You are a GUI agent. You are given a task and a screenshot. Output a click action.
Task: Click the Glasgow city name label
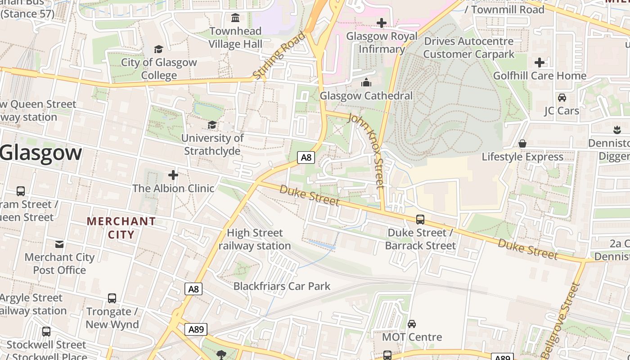coord(41,153)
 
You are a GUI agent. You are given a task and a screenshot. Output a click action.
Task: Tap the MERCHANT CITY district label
coord(121,228)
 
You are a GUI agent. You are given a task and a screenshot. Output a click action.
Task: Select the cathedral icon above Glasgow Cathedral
coord(366,83)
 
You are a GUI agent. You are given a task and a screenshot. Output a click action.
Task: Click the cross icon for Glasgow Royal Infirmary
coord(382,23)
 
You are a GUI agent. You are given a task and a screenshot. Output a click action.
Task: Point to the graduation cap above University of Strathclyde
coord(212,125)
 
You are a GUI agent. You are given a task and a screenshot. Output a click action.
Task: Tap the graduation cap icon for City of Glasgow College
coord(158,49)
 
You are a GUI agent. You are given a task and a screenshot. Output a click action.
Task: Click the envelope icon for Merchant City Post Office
coord(59,244)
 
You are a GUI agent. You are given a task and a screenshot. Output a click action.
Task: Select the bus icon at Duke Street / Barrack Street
coord(420,220)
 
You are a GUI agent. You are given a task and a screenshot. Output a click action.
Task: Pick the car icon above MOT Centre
coord(412,324)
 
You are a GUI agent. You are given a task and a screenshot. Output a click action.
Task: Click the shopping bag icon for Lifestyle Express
coord(522,144)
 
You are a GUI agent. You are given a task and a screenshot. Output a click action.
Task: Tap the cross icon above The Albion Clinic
coord(173,175)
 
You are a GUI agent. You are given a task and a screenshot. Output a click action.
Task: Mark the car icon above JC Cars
coord(562,97)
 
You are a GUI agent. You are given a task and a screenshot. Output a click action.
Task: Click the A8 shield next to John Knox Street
coord(306,157)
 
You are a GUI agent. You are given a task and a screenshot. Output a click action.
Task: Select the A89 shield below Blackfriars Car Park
coord(196,329)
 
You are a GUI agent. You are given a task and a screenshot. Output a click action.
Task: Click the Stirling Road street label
coord(279,56)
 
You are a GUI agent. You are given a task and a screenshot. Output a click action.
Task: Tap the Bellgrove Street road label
coord(562,320)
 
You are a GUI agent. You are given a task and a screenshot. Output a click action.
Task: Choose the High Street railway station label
coord(255,239)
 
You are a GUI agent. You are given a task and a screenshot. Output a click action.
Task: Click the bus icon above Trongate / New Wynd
coord(112,298)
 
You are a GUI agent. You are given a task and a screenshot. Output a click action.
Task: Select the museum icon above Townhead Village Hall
coord(235,18)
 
